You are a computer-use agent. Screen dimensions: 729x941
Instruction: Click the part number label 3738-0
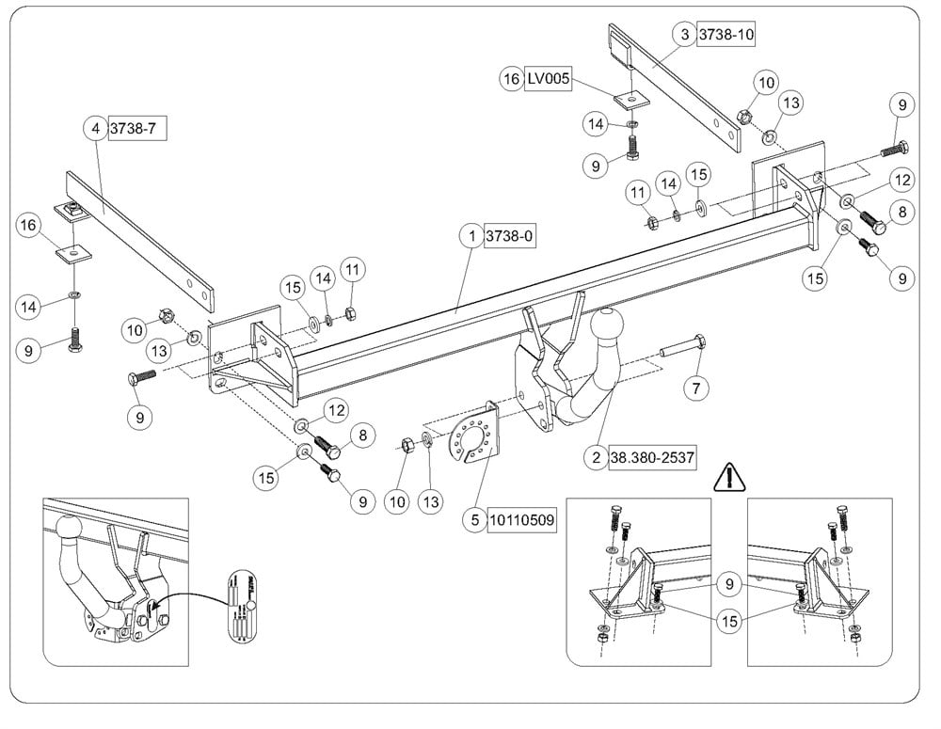click(x=509, y=237)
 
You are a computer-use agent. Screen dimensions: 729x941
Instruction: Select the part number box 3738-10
click(x=726, y=35)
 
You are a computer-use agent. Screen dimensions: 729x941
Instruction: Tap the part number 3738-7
click(x=137, y=128)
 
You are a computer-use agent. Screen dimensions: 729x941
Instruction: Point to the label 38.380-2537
click(x=652, y=458)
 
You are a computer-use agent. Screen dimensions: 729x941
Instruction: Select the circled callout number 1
click(x=470, y=237)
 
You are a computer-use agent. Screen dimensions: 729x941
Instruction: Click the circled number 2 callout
click(x=595, y=458)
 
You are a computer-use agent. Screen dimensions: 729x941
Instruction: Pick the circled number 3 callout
click(x=684, y=35)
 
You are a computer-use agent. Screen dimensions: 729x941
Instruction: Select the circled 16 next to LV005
click(x=511, y=80)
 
